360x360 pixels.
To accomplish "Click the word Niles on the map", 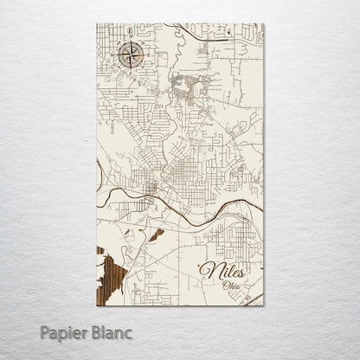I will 222,271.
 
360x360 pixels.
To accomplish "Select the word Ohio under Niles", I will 233,285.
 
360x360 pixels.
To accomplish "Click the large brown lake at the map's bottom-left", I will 109,277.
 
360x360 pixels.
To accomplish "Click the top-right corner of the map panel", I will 264,24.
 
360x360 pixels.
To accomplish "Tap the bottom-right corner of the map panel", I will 264,305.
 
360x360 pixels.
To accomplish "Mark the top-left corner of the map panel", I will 96,24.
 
